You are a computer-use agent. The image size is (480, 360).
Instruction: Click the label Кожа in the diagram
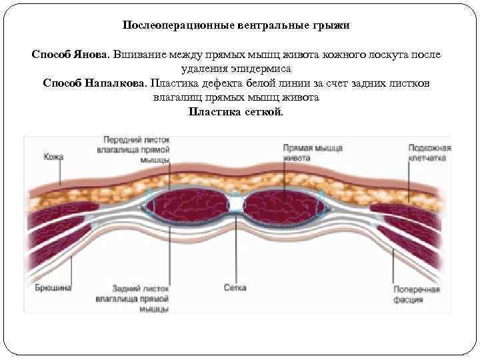pos(53,157)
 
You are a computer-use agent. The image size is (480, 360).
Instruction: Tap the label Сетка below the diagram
pos(235,288)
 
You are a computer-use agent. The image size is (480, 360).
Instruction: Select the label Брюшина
pos(53,288)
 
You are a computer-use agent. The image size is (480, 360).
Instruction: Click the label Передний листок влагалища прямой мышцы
pos(136,149)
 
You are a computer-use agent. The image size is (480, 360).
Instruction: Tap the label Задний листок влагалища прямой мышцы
pos(140,298)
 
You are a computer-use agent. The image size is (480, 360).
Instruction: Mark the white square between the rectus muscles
pos(236,201)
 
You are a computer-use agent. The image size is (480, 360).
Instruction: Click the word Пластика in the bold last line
pos(211,111)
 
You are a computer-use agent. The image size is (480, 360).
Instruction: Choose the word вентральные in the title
pos(268,25)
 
